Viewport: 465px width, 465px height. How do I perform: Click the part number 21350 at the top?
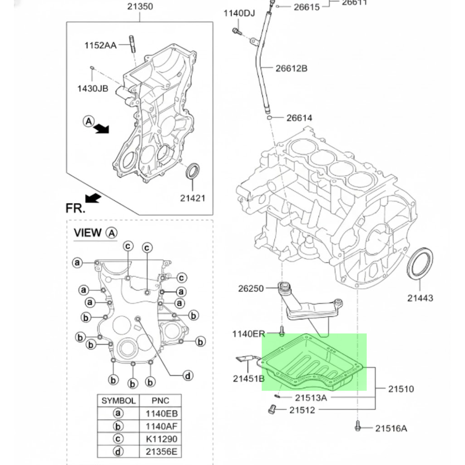coord(140,7)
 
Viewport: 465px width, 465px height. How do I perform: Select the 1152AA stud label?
coord(100,45)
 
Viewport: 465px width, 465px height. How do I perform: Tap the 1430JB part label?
coord(93,88)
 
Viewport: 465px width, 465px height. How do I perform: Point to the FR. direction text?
coord(75,208)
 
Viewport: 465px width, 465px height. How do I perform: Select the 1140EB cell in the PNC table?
coord(161,414)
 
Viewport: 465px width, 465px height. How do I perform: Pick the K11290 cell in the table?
coord(161,439)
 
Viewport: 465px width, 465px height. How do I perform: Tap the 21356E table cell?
coord(161,452)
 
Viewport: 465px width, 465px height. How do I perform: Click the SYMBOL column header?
coord(118,401)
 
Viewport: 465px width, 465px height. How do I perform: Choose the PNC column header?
coord(161,401)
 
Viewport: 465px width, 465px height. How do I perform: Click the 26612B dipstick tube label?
coord(291,69)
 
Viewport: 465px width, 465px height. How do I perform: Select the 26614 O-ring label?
coord(299,118)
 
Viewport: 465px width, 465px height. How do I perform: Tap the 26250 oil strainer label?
coord(251,288)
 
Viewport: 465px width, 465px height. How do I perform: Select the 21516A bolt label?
coord(391,428)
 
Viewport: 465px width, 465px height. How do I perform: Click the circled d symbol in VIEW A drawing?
coord(188,376)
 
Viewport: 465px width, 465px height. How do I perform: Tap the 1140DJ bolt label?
coord(239,13)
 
